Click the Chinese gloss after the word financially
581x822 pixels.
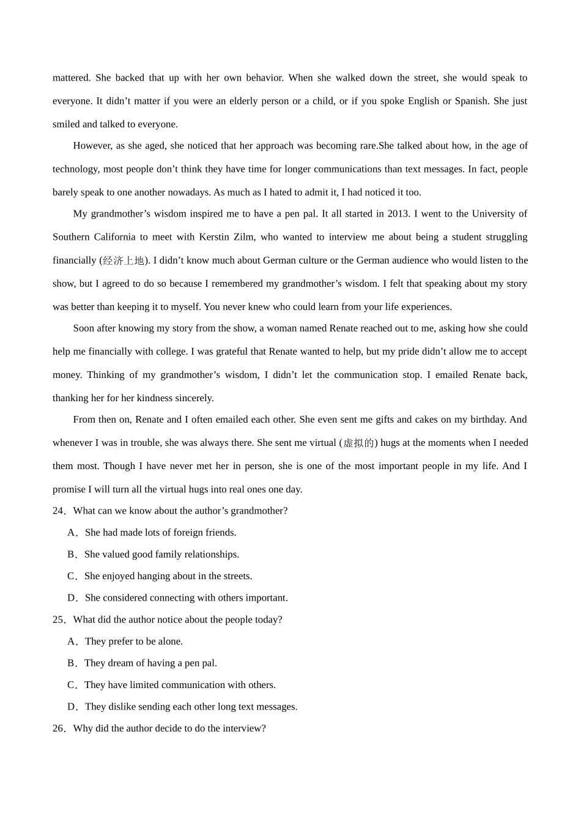coord(124,261)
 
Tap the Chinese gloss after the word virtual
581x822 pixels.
coord(358,443)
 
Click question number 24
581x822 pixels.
coord(58,511)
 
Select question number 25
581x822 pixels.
coord(58,620)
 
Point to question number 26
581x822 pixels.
coord(58,728)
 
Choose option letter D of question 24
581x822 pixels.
coord(72,598)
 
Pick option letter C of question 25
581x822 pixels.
coord(72,685)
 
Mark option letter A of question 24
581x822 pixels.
coord(72,533)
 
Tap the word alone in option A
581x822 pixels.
coord(171,642)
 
